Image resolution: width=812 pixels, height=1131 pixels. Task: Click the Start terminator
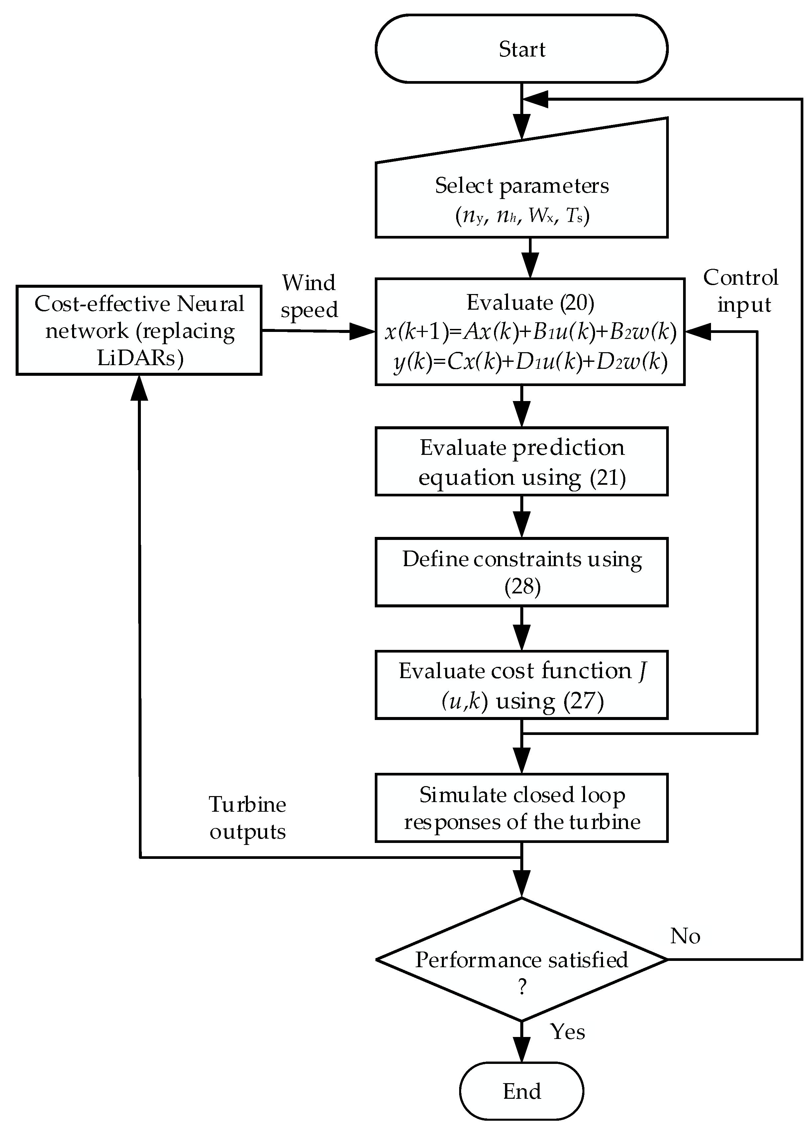[x=521, y=49]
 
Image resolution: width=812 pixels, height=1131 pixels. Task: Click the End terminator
[x=521, y=1091]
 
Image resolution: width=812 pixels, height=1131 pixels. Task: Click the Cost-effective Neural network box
[x=139, y=330]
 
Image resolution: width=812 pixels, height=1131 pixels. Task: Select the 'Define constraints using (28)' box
[x=521, y=572]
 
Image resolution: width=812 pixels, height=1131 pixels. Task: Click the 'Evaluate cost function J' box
[x=521, y=685]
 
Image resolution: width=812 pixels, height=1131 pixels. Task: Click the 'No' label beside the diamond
[x=685, y=936]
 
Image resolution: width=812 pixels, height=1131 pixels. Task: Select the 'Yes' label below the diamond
[x=567, y=1031]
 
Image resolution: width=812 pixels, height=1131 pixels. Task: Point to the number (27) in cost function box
[x=583, y=701]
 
